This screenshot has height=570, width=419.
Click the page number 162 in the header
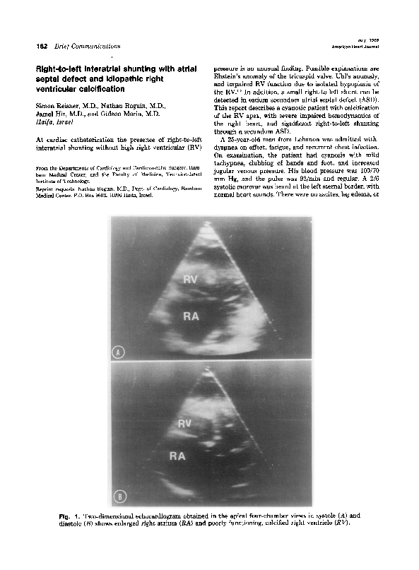(x=31, y=46)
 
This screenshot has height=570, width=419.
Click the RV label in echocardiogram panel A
(x=191, y=279)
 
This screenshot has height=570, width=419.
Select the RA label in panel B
(x=177, y=456)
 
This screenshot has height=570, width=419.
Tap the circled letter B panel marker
(x=119, y=497)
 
